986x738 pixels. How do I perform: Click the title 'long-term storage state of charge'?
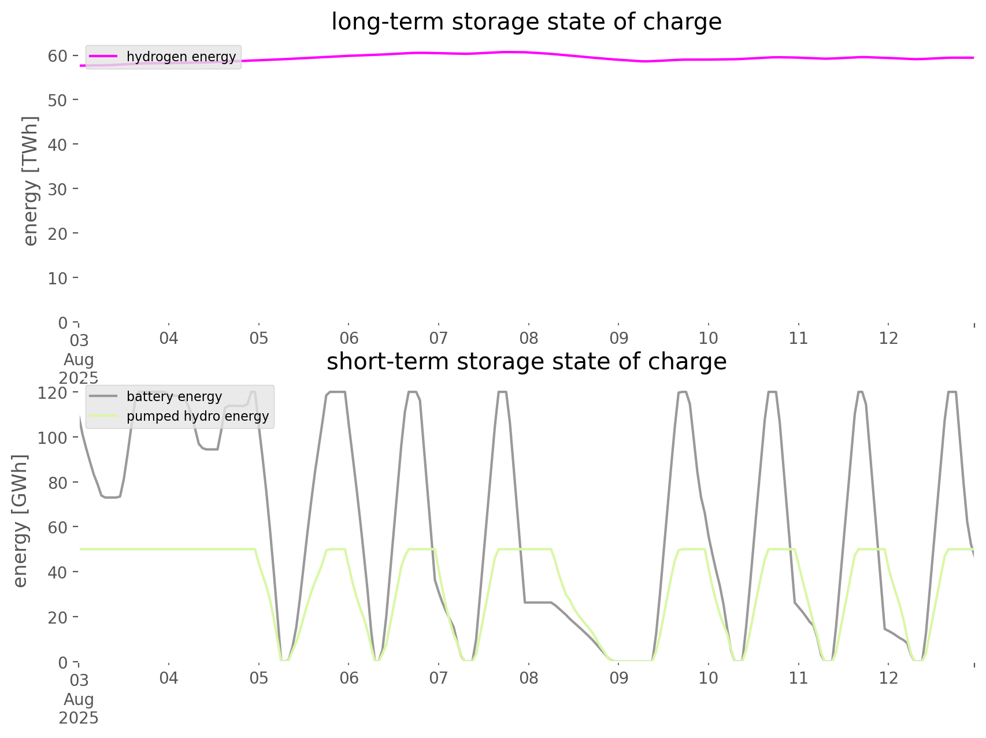(x=526, y=22)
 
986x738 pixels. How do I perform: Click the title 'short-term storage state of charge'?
(x=526, y=362)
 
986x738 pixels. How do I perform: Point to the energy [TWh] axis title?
(x=31, y=181)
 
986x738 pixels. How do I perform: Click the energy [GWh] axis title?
(x=20, y=521)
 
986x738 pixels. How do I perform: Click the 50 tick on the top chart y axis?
(x=57, y=100)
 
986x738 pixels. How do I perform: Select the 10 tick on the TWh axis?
(x=57, y=278)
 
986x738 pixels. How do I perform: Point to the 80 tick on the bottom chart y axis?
(x=57, y=482)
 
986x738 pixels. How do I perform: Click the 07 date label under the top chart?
(x=439, y=338)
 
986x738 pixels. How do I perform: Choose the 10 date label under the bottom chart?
(x=709, y=678)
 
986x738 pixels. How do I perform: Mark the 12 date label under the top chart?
(x=888, y=338)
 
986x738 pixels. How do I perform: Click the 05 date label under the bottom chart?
(x=259, y=678)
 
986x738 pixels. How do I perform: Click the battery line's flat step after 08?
(x=538, y=602)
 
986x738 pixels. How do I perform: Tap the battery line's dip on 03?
(x=110, y=496)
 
